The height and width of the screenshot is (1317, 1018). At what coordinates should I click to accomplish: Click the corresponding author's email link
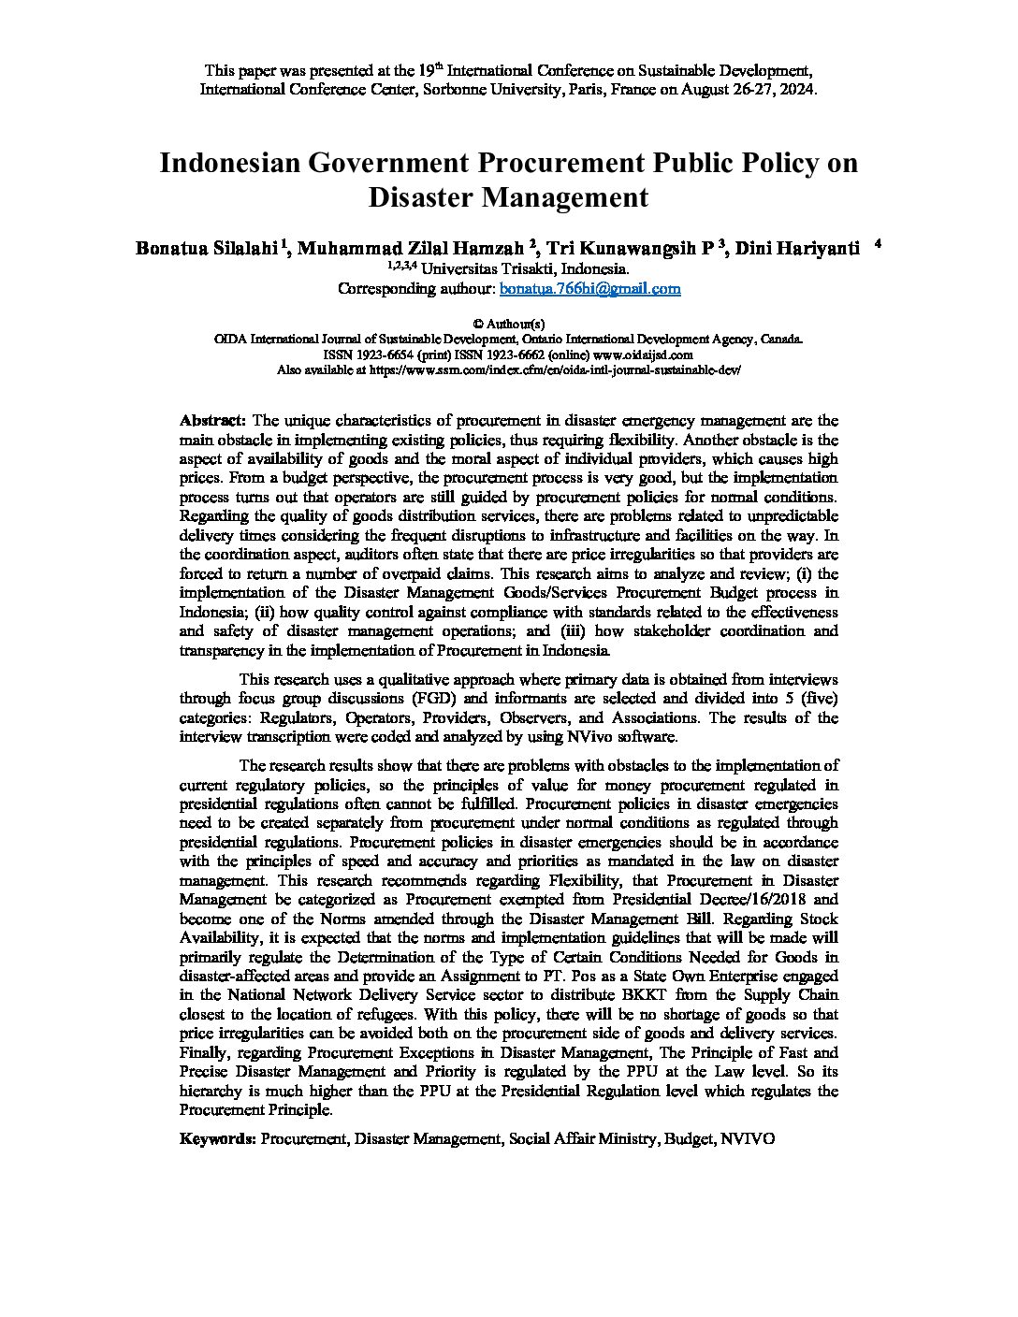point(589,289)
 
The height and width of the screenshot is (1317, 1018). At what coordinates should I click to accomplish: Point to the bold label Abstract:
point(212,421)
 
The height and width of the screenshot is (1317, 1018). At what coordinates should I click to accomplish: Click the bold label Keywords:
point(217,1139)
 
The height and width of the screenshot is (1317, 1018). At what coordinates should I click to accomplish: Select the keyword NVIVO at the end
point(749,1139)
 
